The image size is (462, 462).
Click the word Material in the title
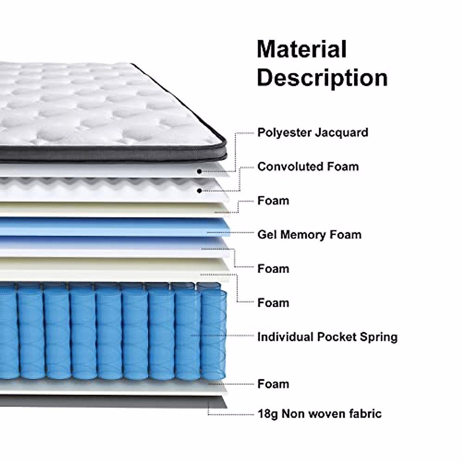point(301,49)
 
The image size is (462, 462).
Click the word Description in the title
point(322,77)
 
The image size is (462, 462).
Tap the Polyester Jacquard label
point(313,132)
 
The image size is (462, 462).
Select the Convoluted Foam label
point(308,167)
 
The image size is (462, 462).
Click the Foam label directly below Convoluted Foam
point(273,201)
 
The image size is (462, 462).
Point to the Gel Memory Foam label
point(309,234)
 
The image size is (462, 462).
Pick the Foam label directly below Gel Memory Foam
point(273,268)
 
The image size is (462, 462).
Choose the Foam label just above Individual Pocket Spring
point(273,303)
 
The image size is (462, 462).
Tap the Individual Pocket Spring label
point(327,337)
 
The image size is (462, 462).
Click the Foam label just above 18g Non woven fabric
point(273,384)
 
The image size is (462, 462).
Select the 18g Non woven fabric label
point(320,414)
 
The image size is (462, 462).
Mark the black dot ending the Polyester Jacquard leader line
point(199,171)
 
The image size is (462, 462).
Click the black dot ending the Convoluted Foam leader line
point(199,191)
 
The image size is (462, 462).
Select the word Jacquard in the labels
point(341,132)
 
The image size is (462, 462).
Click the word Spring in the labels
point(378,337)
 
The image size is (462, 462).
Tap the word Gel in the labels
point(267,234)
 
